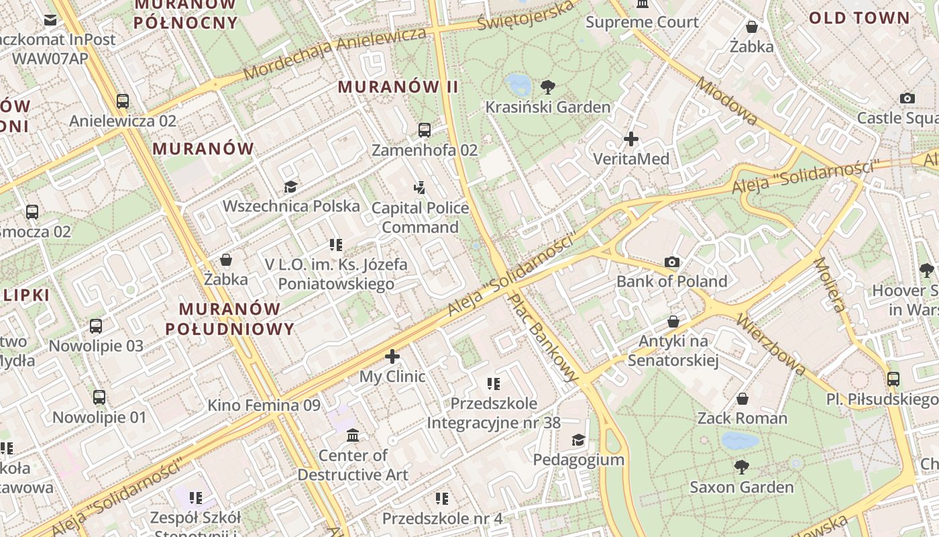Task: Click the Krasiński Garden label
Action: [547, 107]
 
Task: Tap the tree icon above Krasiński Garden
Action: [548, 87]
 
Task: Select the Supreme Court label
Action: [642, 22]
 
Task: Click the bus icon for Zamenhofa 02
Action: [425, 130]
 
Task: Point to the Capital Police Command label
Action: [420, 217]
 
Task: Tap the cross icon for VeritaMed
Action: [630, 139]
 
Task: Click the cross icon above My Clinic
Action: [392, 356]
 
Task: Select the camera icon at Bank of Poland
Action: [671, 262]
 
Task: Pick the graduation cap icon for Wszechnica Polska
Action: [290, 187]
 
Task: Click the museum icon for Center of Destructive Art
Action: [353, 436]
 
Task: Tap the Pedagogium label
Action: [578, 460]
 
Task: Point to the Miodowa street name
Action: [727, 101]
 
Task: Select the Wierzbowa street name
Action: [771, 343]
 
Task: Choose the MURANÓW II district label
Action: [398, 87]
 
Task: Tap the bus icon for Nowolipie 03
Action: [96, 326]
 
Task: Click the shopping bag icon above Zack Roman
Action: [742, 399]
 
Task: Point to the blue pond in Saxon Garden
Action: [740, 440]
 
